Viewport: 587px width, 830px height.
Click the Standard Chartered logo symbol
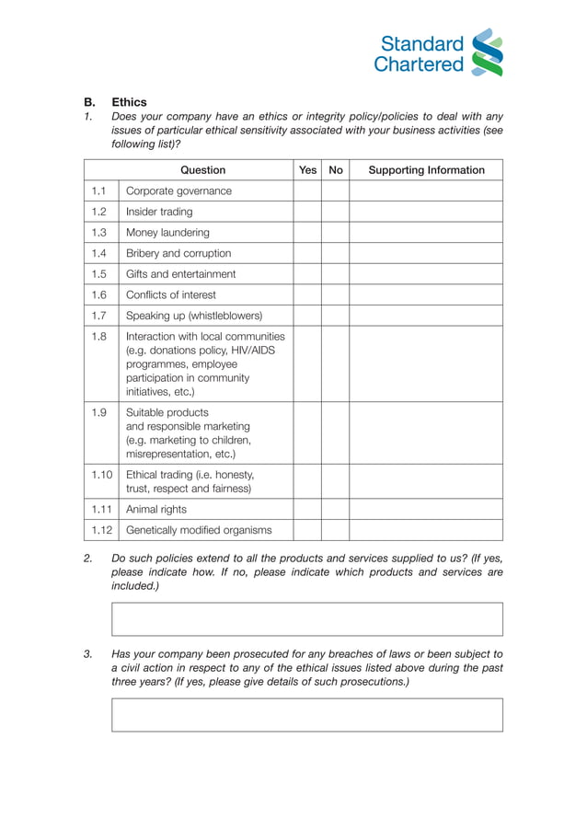click(x=487, y=52)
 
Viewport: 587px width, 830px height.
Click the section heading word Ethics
click(x=129, y=102)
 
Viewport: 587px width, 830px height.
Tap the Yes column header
click(x=307, y=170)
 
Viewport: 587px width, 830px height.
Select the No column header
click(x=335, y=170)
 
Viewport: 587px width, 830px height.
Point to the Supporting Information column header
click(x=426, y=170)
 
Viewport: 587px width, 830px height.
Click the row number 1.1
click(x=100, y=191)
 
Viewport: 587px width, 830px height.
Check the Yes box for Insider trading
click(x=307, y=212)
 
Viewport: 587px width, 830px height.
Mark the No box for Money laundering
click(x=335, y=233)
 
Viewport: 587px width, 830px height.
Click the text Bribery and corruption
click(x=178, y=253)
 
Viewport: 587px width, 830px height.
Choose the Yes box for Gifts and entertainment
click(x=307, y=274)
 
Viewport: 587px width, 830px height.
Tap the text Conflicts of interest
click(x=171, y=294)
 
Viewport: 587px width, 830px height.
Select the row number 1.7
click(x=100, y=316)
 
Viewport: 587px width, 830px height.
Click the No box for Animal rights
click(x=335, y=509)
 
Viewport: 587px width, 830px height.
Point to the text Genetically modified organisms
click(x=199, y=530)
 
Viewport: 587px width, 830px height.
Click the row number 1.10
click(x=101, y=475)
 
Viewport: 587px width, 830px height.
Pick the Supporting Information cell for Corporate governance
click(x=426, y=191)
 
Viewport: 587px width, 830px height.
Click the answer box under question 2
click(x=307, y=619)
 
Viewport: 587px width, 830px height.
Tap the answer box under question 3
click(x=307, y=715)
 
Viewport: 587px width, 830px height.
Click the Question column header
click(x=202, y=170)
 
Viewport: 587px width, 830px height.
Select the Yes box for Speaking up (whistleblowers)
click(x=307, y=316)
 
